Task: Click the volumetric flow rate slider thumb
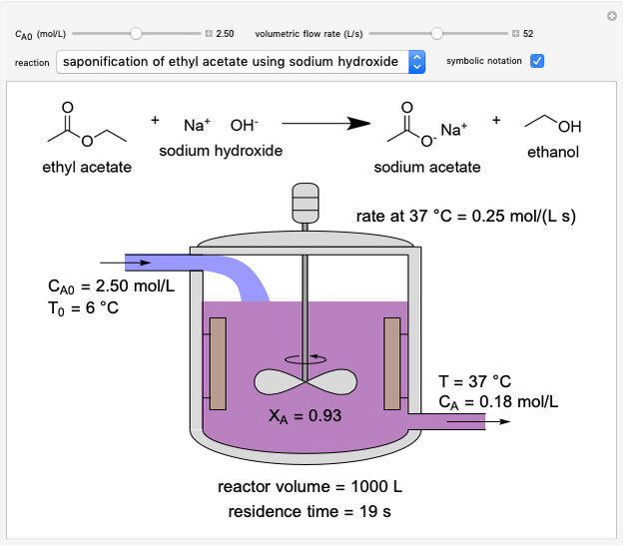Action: point(436,33)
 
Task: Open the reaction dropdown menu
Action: point(417,62)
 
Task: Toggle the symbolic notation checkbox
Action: point(537,62)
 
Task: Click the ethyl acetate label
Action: point(87,167)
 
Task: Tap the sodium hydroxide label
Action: point(221,151)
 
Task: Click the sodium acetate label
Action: point(427,167)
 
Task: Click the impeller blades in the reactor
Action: point(304,381)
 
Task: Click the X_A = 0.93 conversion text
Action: point(306,415)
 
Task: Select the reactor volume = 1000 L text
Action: point(310,487)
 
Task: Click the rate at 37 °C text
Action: point(466,216)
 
